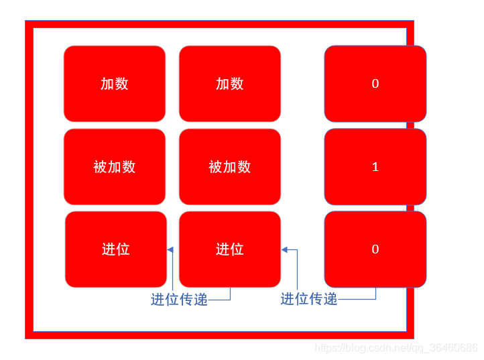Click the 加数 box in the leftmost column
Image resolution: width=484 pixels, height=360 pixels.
pos(115,84)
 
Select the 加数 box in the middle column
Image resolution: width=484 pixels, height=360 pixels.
pos(230,84)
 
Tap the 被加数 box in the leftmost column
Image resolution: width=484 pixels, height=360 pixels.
pos(115,167)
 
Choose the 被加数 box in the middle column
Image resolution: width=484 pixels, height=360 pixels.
pos(230,167)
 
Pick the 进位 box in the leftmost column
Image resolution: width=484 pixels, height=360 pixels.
pos(115,249)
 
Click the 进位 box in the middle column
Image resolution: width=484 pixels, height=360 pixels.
pos(230,249)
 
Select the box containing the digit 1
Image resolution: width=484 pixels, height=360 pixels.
pos(375,167)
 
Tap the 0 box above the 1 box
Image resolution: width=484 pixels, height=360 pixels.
pos(375,84)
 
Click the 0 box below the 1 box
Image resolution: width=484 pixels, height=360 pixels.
pos(375,249)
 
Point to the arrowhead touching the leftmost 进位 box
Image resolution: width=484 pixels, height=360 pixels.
pos(170,249)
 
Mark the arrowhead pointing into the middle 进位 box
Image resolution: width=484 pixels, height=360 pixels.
pos(285,249)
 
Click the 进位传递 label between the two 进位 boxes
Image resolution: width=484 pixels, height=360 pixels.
pos(179,300)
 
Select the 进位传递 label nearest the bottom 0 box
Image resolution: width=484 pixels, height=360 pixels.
pos(308,299)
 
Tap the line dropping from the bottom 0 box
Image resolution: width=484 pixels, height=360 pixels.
pos(375,293)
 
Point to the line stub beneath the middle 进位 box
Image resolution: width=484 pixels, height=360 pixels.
pos(230,294)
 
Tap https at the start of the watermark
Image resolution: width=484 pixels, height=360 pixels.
pos(326,348)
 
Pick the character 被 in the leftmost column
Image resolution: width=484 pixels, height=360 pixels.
pos(100,167)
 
